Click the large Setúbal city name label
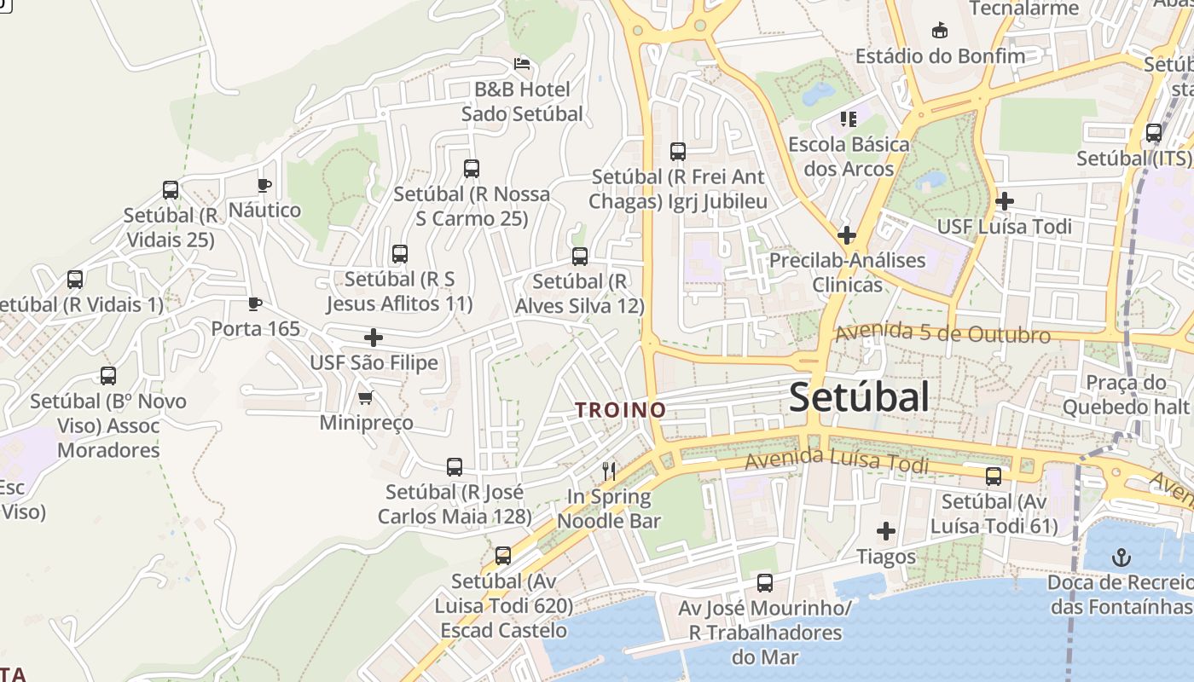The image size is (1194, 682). tap(859, 397)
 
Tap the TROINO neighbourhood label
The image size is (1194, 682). tap(620, 410)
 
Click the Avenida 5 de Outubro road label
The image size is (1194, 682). tap(942, 333)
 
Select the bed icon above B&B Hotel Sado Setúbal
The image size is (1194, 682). tap(522, 63)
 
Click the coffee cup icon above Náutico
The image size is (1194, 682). tap(264, 185)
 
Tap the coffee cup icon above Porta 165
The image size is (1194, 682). tap(253, 303)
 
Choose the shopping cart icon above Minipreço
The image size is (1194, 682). tap(366, 397)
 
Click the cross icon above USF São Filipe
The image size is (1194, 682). tap(373, 338)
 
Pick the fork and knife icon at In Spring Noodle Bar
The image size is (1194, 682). tap(609, 471)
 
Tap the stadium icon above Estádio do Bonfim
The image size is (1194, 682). tap(940, 31)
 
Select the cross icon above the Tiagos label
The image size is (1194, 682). tap(886, 532)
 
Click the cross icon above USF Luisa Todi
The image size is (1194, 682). tap(1005, 202)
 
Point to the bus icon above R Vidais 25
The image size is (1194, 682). tap(171, 190)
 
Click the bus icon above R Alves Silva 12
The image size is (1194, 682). tap(580, 256)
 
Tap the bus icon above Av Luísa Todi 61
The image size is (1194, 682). tap(994, 477)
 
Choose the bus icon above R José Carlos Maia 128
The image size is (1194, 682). tap(455, 467)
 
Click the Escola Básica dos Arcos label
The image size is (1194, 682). tap(849, 156)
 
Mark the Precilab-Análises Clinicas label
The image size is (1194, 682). tap(847, 272)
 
